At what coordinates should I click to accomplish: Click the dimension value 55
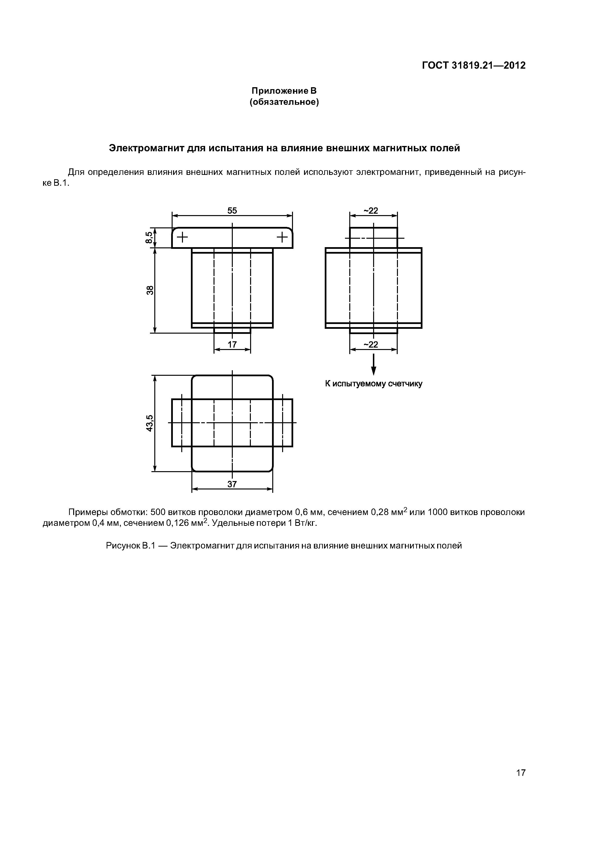pyautogui.click(x=232, y=211)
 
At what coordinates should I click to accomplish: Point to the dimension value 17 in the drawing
pyautogui.click(x=232, y=344)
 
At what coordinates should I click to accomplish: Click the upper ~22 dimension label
pyautogui.click(x=371, y=211)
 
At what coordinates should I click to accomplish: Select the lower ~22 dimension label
pyautogui.click(x=371, y=344)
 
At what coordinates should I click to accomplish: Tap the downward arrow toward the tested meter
pyautogui.click(x=374, y=365)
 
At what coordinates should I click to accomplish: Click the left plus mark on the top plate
pyautogui.click(x=182, y=237)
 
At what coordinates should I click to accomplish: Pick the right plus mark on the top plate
pyautogui.click(x=282, y=237)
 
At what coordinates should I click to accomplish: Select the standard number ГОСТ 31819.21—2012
pyautogui.click(x=474, y=66)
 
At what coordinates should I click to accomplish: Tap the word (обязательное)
pyautogui.click(x=284, y=102)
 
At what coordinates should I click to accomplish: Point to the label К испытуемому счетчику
pyautogui.click(x=374, y=384)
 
